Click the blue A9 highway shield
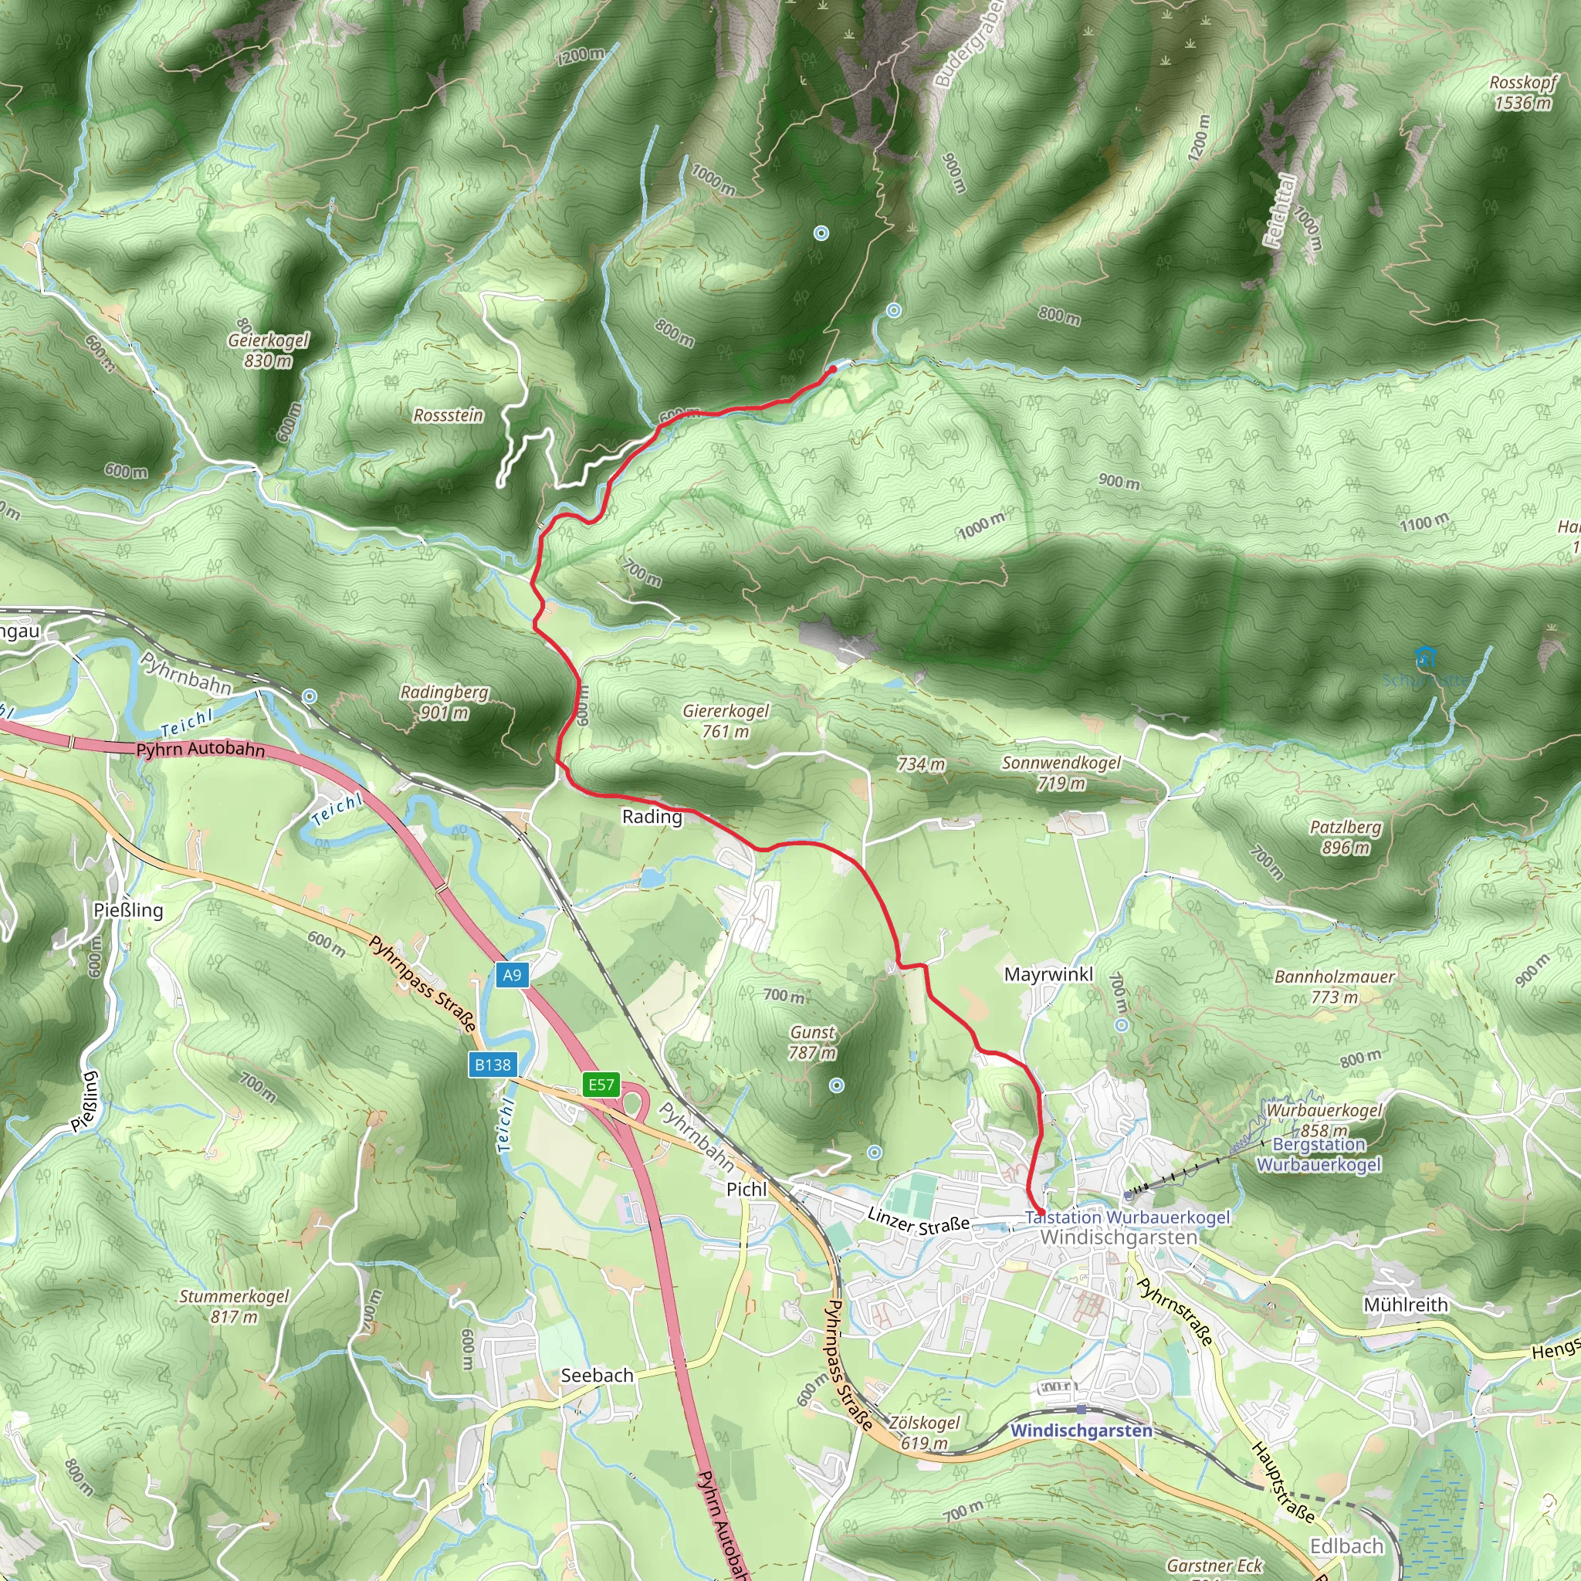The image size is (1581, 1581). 512,975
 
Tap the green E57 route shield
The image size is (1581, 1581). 601,1085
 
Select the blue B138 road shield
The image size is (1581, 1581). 493,1065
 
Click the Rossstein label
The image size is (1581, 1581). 448,416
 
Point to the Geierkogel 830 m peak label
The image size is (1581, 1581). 269,350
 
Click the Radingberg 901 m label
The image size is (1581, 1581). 445,702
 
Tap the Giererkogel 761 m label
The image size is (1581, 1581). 726,721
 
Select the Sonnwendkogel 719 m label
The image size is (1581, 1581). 1061,773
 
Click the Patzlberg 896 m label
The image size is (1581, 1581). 1346,837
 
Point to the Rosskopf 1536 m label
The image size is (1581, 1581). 1523,93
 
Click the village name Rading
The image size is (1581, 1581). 652,817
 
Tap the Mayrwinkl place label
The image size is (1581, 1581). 1048,975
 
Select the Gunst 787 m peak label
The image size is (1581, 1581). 812,1042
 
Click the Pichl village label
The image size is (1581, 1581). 746,1189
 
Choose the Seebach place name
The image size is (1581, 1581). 597,1376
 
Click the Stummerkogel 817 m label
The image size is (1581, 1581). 234,1306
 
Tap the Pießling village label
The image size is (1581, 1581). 128,910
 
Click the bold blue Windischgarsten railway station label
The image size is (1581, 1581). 1081,1430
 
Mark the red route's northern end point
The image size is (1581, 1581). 832,370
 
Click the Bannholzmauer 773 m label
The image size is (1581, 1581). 1334,986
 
